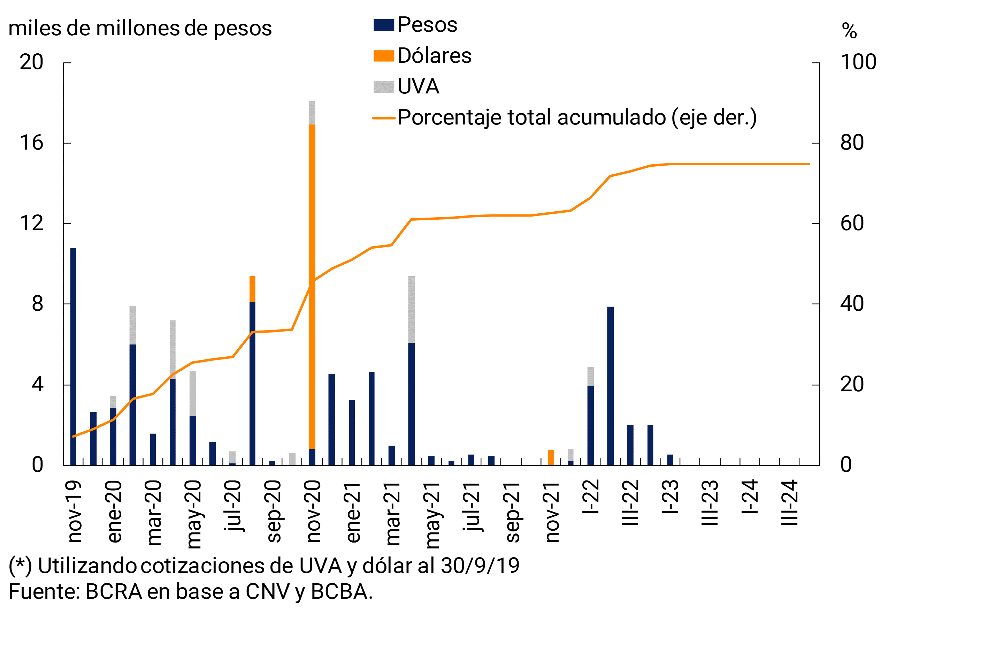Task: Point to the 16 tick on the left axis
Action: coord(31,143)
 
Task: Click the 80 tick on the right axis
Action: coord(851,143)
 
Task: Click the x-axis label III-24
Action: coord(789,503)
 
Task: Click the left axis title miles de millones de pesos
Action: coord(140,29)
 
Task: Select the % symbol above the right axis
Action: coord(849,31)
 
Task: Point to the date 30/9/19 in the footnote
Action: coord(480,566)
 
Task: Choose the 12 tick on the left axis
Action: coord(31,223)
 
